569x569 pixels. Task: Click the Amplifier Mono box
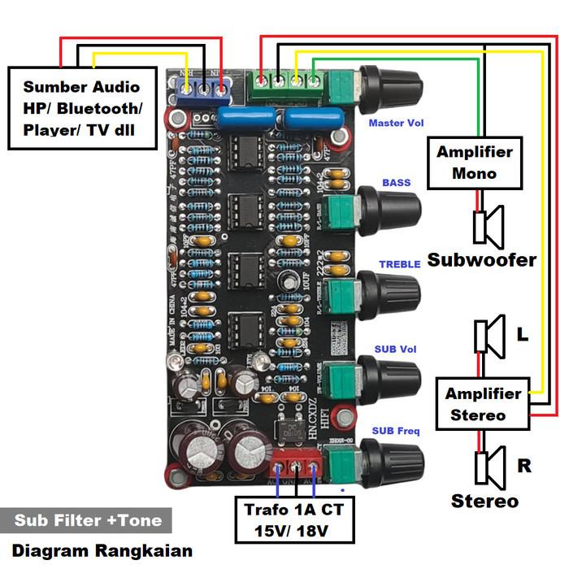point(474,163)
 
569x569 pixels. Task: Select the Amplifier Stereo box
point(483,404)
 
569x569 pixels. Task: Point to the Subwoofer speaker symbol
point(489,226)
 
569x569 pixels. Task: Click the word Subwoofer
point(482,260)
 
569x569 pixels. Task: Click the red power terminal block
point(296,470)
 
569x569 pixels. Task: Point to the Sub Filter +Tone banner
point(88,520)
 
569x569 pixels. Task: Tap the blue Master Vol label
point(396,124)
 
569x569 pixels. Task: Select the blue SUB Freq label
point(396,430)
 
